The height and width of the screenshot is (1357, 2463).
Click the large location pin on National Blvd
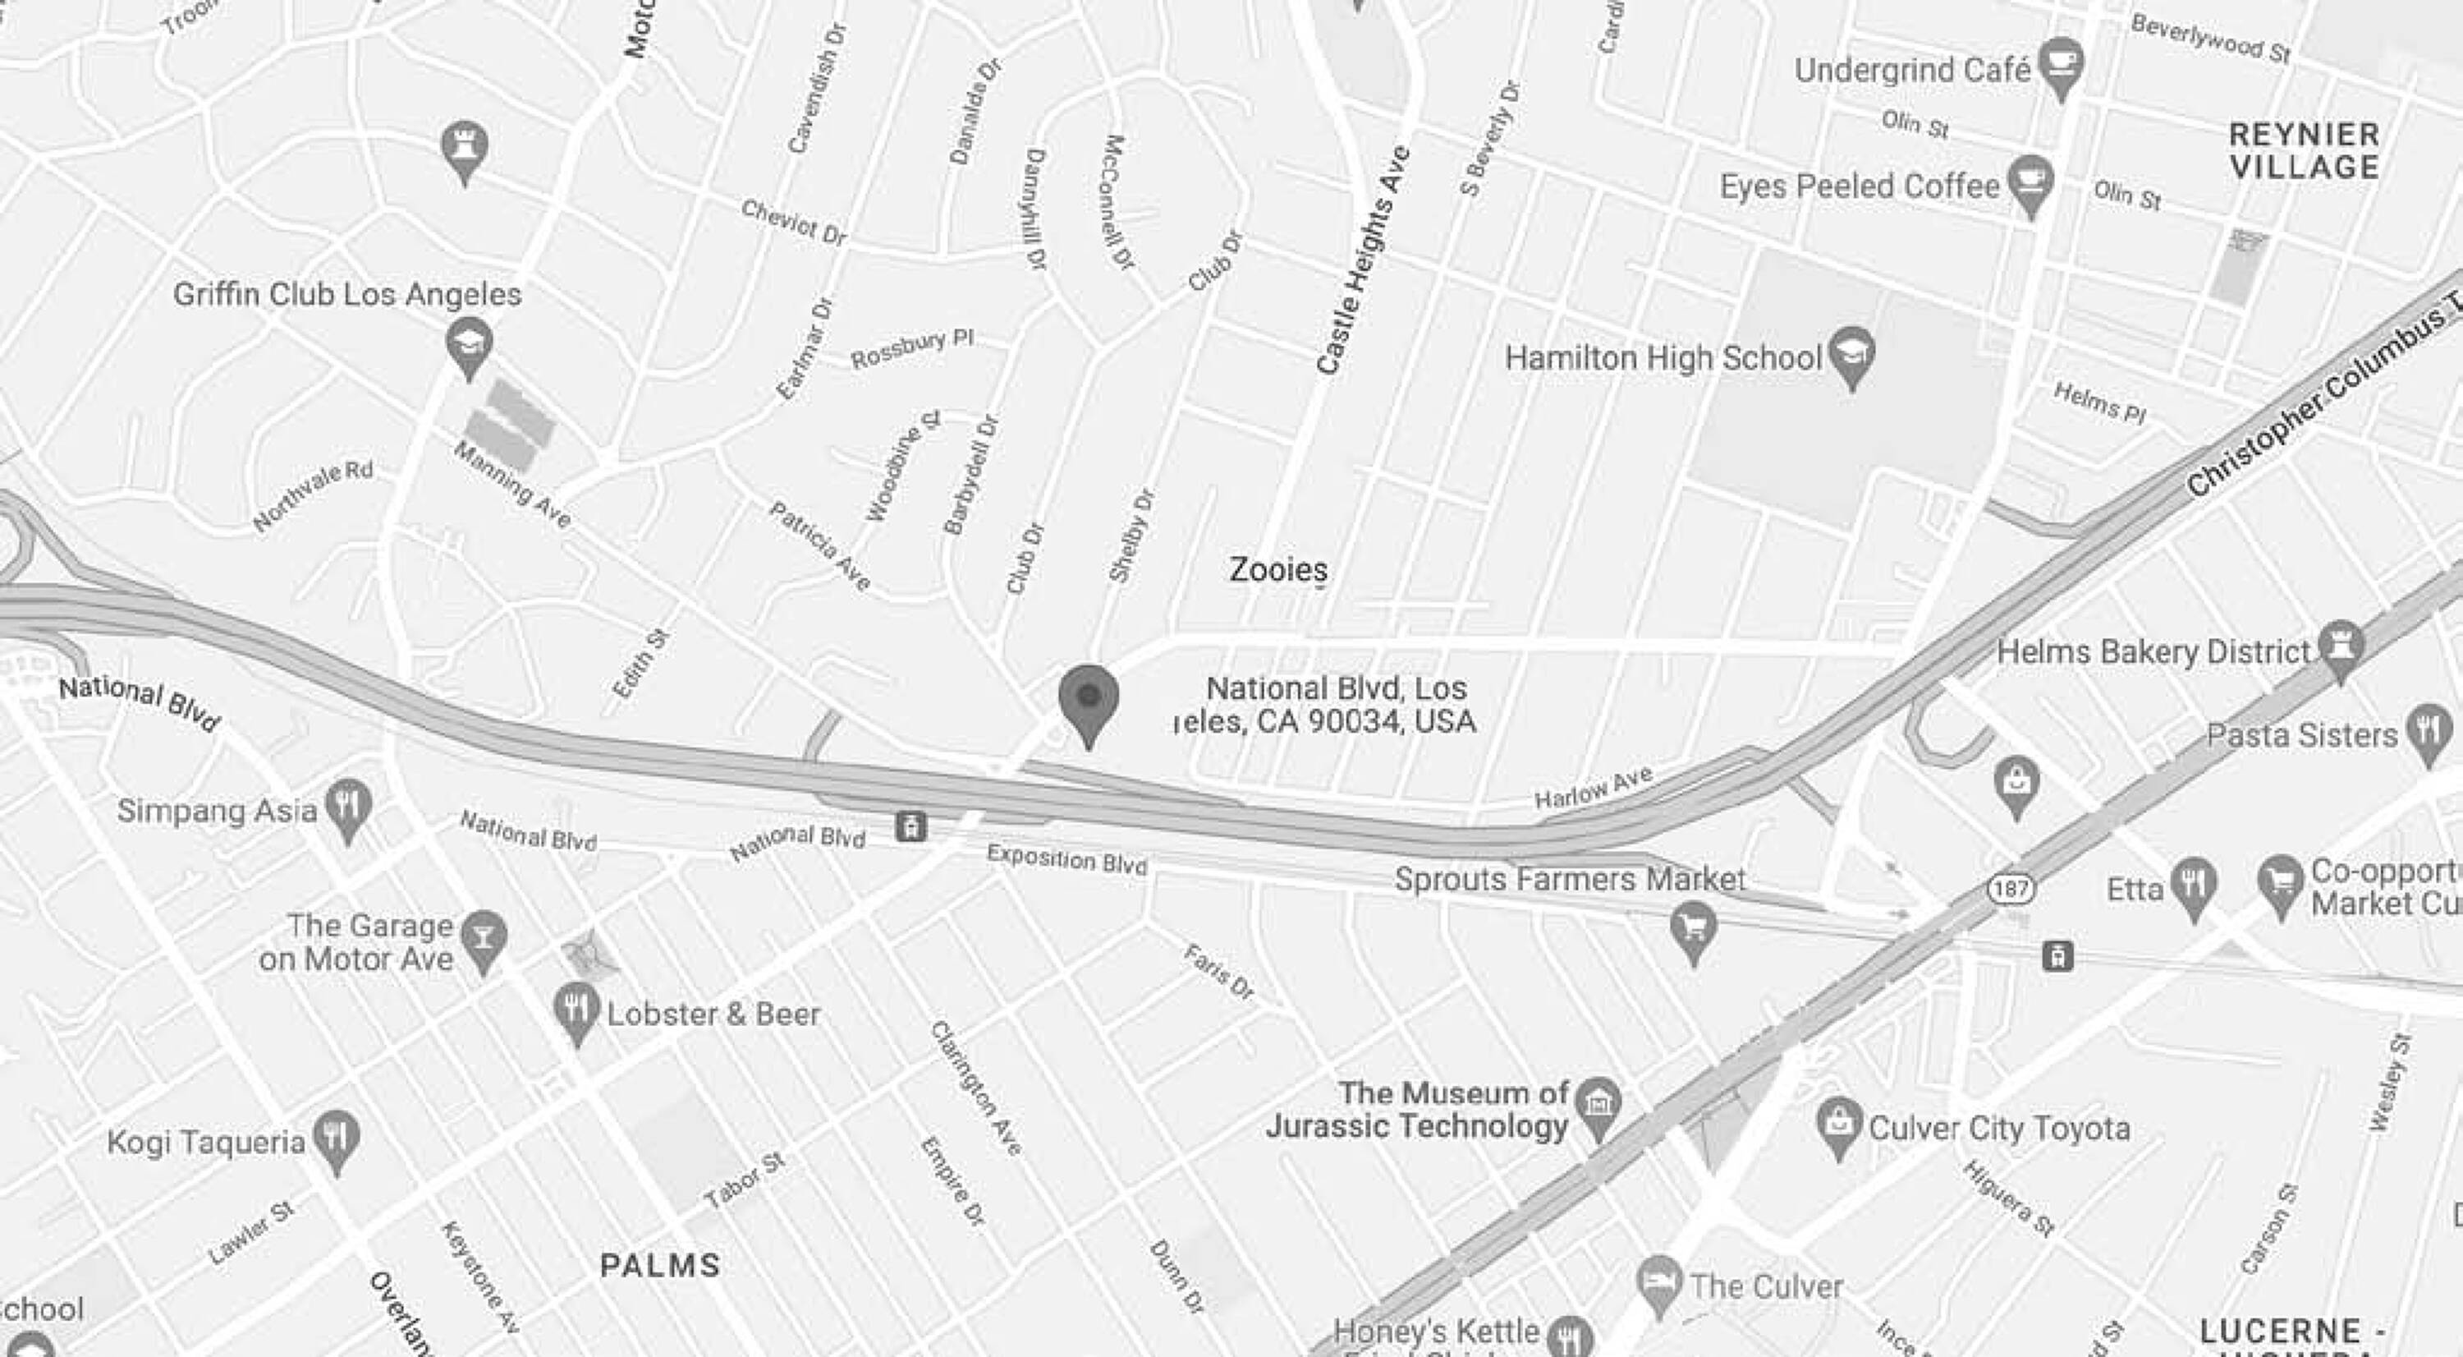(1088, 699)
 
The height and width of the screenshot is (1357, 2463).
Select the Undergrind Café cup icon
(2062, 63)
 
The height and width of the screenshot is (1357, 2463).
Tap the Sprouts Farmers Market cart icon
(1693, 927)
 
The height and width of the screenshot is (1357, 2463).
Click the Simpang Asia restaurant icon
(348, 805)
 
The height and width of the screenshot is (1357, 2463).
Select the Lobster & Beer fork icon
(577, 1009)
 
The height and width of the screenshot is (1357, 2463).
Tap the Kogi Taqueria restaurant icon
(336, 1137)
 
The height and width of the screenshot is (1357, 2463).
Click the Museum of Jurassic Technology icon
(1598, 1105)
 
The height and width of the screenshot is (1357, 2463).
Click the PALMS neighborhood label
(660, 1265)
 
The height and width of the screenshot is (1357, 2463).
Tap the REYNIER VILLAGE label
(2304, 150)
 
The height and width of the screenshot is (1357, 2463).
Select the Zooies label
(1277, 569)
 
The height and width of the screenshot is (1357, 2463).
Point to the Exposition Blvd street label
(1066, 858)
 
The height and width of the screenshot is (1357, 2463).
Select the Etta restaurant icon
(2195, 884)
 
